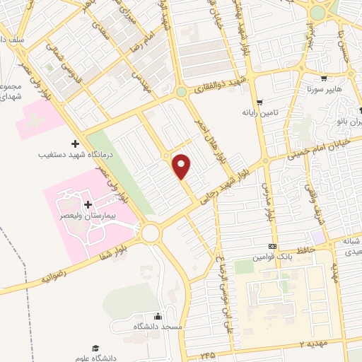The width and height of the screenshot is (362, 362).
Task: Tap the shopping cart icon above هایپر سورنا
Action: (x=323, y=79)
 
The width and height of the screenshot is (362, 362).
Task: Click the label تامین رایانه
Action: (x=260, y=112)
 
